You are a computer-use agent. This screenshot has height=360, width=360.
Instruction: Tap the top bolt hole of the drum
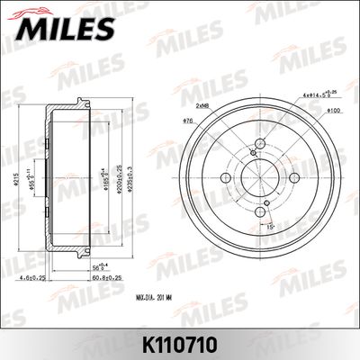[260, 144]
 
